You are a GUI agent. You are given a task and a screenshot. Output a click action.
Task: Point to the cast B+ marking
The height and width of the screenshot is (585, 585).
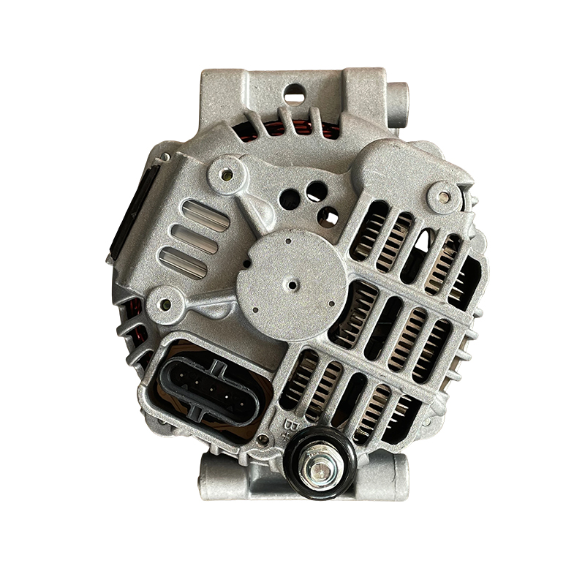[x=287, y=429]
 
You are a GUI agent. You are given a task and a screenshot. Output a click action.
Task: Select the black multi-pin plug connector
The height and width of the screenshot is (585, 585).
[x=209, y=391]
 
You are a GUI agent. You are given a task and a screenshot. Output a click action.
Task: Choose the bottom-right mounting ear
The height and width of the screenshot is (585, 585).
[x=385, y=477]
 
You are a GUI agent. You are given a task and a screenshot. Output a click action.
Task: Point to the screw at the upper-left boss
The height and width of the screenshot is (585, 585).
[x=226, y=174]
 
